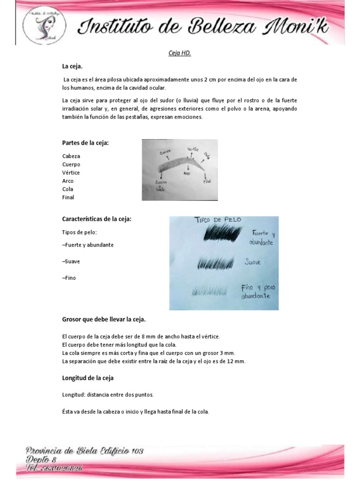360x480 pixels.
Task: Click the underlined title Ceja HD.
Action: click(180, 53)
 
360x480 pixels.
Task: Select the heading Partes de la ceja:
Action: click(85, 143)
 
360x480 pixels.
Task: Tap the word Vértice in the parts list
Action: click(71, 172)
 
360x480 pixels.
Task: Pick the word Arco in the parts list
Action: click(68, 181)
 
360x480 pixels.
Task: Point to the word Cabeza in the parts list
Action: click(71, 156)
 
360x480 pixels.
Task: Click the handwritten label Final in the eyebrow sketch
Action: click(207, 181)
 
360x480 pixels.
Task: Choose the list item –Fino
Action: click(69, 278)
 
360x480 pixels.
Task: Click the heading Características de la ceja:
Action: click(97, 219)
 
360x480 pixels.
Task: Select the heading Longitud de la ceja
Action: click(88, 377)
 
